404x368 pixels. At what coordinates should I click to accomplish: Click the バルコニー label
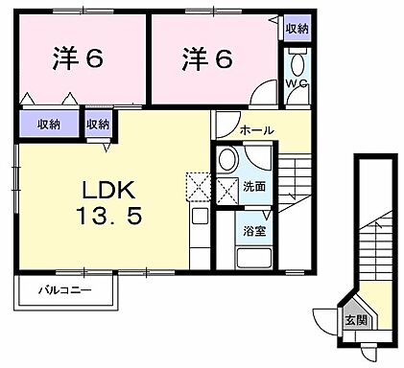[x=65, y=288]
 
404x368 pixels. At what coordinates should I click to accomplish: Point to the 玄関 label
[x=356, y=322]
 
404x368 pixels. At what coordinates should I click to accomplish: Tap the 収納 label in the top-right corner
[x=297, y=30]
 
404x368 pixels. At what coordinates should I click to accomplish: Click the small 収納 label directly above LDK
[x=98, y=124]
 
